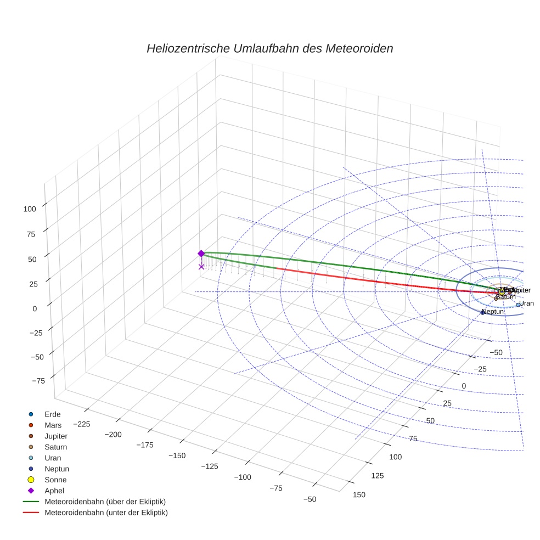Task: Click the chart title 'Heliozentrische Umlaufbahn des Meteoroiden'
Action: click(269, 48)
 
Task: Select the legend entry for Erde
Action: click(52, 414)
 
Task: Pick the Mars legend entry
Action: click(53, 425)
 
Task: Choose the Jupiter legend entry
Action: click(56, 436)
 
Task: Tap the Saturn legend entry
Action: click(55, 447)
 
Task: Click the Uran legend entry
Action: click(53, 458)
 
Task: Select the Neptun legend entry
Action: click(57, 469)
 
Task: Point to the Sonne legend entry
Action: click(55, 480)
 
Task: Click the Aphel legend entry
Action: click(54, 491)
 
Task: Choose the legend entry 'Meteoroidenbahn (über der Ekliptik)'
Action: click(105, 502)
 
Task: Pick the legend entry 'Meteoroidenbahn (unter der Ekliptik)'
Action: click(106, 513)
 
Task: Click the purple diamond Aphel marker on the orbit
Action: click(201, 254)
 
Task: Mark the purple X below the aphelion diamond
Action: click(201, 267)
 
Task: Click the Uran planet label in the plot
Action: click(526, 303)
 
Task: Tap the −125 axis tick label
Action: click(209, 466)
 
